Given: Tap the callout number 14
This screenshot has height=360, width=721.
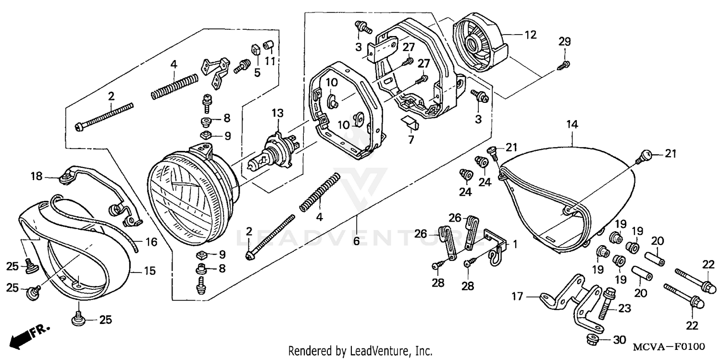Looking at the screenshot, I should [572, 124].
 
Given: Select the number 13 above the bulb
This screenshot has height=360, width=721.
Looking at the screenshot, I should [277, 113].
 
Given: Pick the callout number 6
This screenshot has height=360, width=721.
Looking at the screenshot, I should [356, 241].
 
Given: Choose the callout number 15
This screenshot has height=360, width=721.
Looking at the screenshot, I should [150, 271].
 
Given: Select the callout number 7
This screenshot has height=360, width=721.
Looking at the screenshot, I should [410, 140].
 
